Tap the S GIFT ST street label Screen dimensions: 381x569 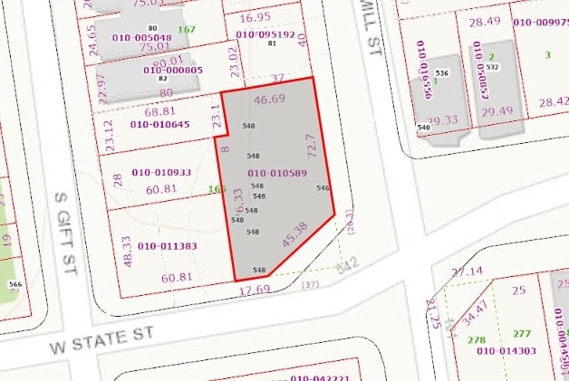click(63, 230)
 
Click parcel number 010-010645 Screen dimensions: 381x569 click(160, 124)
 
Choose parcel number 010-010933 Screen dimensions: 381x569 click(161, 172)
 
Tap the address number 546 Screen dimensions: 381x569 click(323, 188)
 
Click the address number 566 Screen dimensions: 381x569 click(14, 284)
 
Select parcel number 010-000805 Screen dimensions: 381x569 click(173, 71)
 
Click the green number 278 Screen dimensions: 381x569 click(477, 340)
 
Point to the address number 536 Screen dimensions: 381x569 click(442, 72)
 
